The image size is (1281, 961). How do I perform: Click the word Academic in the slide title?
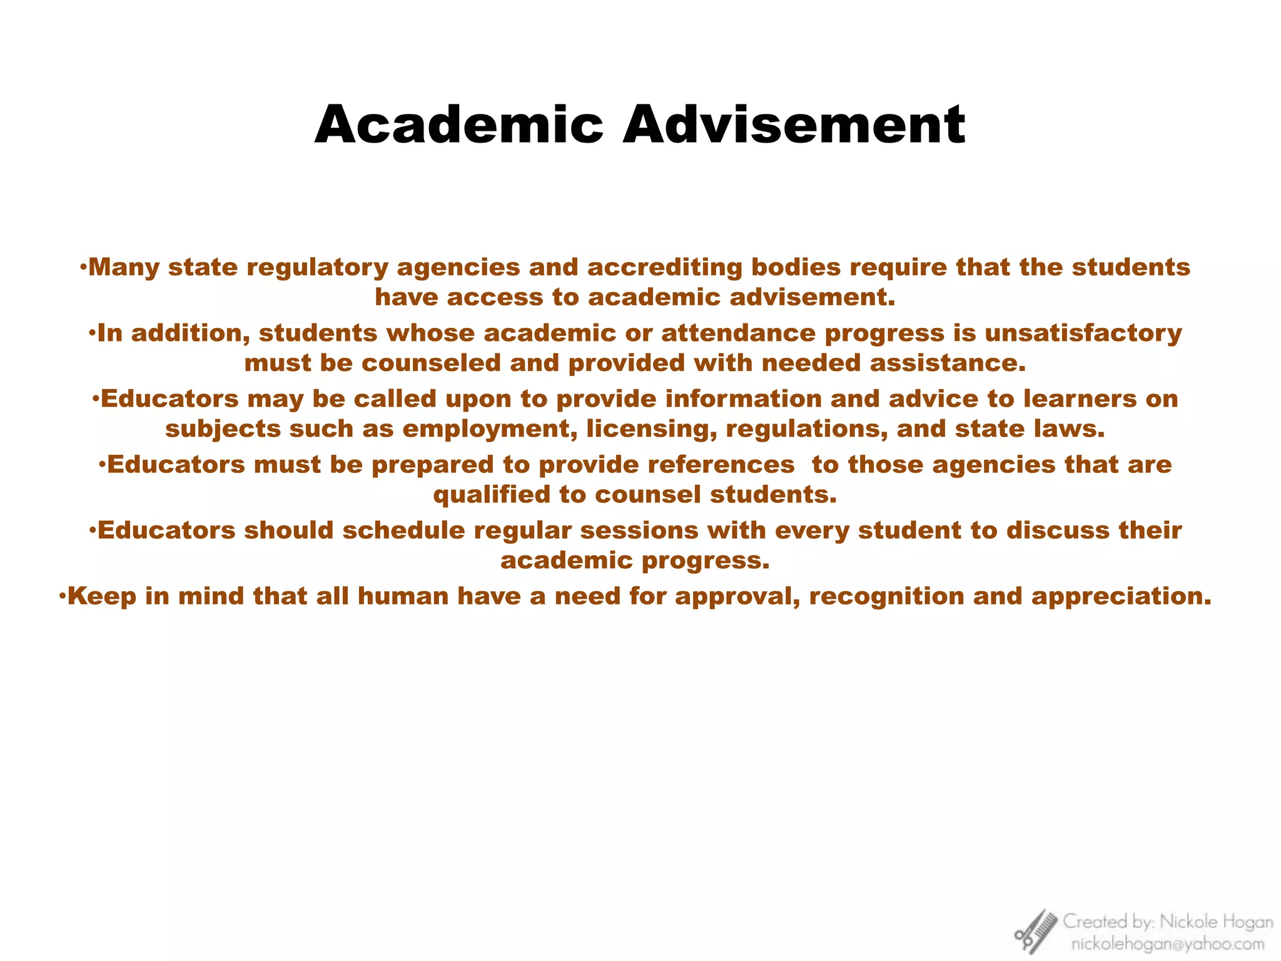click(458, 125)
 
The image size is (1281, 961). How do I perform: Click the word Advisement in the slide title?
click(794, 125)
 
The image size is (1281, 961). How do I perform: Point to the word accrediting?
click(664, 267)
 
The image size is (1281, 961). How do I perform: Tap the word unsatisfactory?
click(1083, 333)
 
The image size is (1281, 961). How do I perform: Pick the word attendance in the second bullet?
click(738, 333)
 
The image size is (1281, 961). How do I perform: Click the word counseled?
click(432, 363)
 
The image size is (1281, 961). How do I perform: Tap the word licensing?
click(651, 429)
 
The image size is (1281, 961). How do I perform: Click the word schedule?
click(403, 531)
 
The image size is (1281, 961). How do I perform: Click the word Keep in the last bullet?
click(102, 596)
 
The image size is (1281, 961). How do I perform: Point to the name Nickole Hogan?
click(1216, 922)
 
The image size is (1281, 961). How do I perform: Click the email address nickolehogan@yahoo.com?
click(1167, 943)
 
